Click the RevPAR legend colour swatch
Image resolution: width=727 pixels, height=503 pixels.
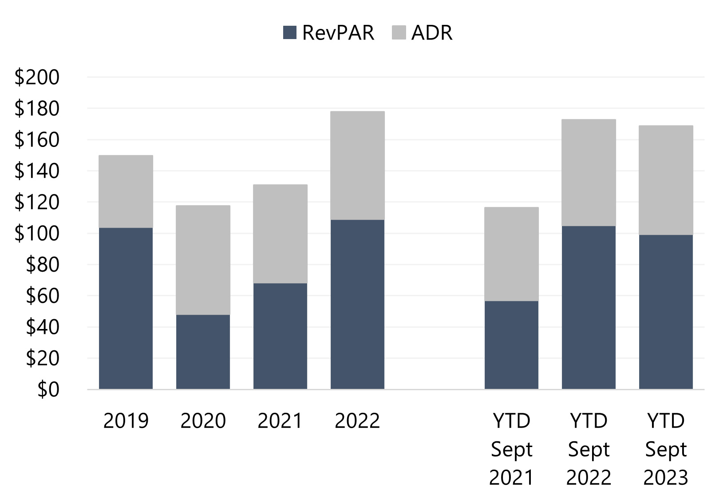click(x=289, y=33)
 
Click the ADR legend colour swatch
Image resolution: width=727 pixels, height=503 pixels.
click(x=399, y=33)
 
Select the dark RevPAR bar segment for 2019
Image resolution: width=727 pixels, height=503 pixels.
click(x=126, y=308)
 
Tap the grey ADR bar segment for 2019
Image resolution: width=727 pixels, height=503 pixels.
click(x=126, y=191)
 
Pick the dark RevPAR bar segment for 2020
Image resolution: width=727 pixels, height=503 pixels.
click(x=203, y=352)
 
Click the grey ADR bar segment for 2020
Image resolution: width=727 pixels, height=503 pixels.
click(x=203, y=260)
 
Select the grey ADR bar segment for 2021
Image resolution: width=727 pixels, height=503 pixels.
click(x=280, y=234)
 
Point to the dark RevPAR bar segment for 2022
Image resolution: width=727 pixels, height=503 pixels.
click(x=357, y=304)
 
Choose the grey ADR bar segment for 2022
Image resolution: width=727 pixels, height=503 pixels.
click(x=357, y=165)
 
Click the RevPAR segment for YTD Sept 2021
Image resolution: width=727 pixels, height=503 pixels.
click(x=511, y=345)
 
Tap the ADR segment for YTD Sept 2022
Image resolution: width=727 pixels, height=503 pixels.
click(x=589, y=172)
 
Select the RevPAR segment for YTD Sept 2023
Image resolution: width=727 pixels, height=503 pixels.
click(x=666, y=312)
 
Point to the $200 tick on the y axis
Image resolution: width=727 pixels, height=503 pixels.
click(x=37, y=77)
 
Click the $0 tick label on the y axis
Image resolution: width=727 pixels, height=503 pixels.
click(x=48, y=389)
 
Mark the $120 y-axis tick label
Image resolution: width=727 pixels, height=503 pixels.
click(x=37, y=202)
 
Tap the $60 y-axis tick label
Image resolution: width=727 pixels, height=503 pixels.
click(x=42, y=296)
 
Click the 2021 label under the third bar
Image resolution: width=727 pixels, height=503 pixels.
click(x=280, y=421)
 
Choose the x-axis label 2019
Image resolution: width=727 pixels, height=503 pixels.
click(x=126, y=421)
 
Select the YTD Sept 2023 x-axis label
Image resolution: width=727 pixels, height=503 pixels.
click(x=666, y=449)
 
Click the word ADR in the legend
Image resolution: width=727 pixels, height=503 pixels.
click(x=431, y=33)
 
